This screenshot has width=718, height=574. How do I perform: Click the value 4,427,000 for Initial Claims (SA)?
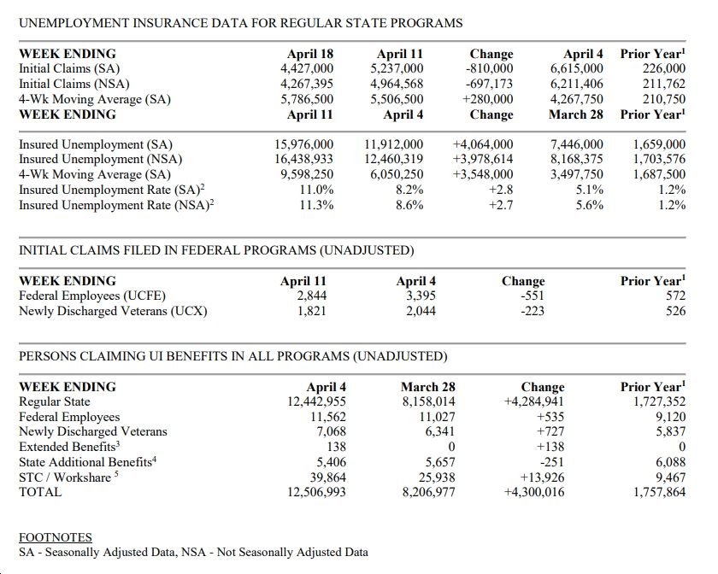pos(307,68)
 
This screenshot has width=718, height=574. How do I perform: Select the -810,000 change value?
pos(489,68)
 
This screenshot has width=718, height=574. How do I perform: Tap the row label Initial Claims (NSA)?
pos(74,85)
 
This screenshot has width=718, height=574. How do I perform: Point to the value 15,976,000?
pos(304,144)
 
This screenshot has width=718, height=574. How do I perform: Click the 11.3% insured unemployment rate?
pos(316,205)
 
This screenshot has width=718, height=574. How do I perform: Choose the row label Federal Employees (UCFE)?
pos(92,296)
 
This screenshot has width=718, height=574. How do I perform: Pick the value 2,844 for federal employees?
pos(311,296)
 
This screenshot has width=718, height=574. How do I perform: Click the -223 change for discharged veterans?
pos(533,311)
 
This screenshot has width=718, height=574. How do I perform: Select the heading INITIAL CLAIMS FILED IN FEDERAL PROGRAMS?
pos(216,250)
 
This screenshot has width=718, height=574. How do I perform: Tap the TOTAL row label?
pos(40,492)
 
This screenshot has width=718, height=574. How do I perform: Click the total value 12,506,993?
pos(316,492)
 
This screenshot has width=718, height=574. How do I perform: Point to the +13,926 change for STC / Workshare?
pos(542,477)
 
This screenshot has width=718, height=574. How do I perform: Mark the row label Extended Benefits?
pos(69,447)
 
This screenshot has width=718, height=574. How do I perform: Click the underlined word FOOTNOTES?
pos(56,537)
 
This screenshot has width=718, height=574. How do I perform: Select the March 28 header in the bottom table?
pos(428,387)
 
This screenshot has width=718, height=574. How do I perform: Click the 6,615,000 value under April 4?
pos(576,68)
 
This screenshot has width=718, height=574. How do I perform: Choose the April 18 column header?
pos(310,54)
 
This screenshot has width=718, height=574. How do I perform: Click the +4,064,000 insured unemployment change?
pos(483,144)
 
